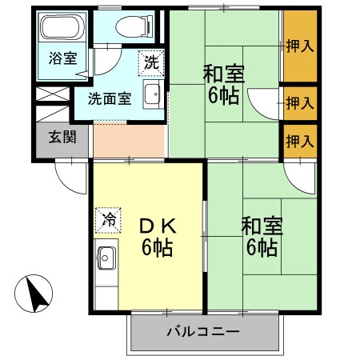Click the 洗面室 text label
(x=109, y=99)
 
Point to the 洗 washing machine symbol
(x=151, y=60)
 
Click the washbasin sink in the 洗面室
(x=152, y=97)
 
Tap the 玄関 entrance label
(x=62, y=137)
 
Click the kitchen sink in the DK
(x=106, y=258)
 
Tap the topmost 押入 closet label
(x=300, y=46)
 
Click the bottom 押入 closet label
(x=300, y=141)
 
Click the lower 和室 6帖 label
(x=261, y=236)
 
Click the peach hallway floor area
(x=128, y=141)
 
